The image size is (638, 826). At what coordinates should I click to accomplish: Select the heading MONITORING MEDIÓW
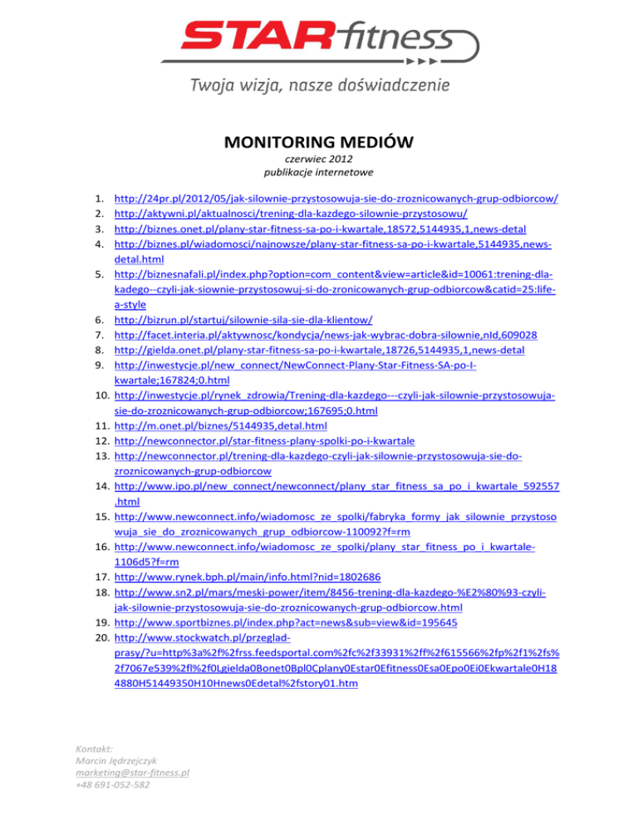click(x=319, y=142)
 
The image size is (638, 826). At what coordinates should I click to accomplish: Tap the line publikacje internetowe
click(x=319, y=173)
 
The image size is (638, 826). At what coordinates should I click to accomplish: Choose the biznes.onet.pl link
click(x=320, y=229)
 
